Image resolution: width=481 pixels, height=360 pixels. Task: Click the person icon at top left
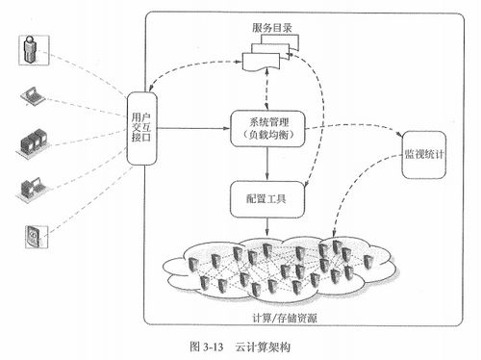31,52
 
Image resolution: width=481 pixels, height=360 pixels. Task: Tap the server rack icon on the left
30,142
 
